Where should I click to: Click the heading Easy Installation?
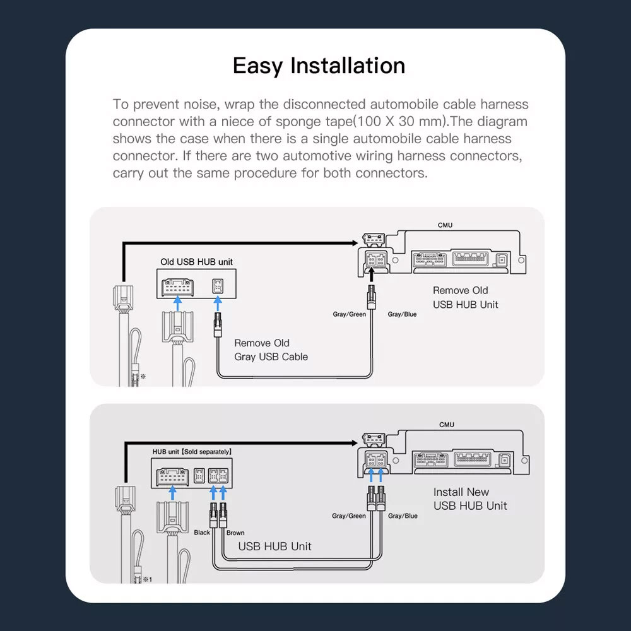coord(319,66)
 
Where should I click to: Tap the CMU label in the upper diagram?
coord(445,225)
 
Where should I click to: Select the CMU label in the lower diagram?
coord(446,425)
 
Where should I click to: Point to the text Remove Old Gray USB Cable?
coord(271,350)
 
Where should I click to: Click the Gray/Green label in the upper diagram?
coord(349,314)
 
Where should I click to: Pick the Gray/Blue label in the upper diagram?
coord(402,314)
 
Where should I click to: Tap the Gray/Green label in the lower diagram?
coord(348,516)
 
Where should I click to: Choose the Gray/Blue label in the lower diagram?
coord(403,516)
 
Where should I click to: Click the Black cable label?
coord(202,533)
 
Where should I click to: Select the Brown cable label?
coord(235,533)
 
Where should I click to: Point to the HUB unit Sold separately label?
coord(192,452)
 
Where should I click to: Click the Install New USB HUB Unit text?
coord(469,498)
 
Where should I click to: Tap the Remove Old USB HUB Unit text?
coord(465,297)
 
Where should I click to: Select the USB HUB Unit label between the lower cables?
coord(274,546)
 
